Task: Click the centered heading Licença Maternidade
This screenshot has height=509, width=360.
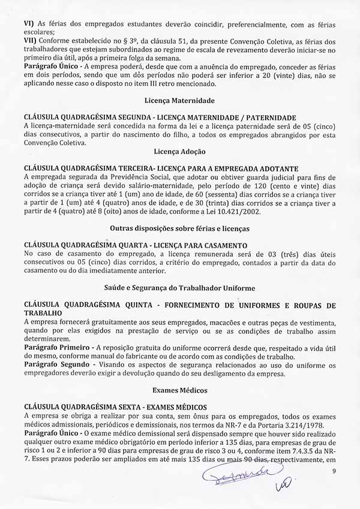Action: coord(179,101)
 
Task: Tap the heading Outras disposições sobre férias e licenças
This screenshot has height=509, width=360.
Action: coord(179,229)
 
